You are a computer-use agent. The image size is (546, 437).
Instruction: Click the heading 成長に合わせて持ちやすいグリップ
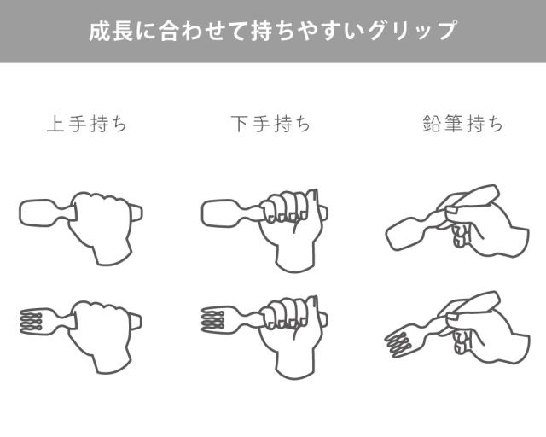(x=273, y=32)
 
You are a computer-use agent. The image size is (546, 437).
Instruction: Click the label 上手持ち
(x=86, y=124)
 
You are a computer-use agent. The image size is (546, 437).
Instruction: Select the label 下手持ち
(x=270, y=124)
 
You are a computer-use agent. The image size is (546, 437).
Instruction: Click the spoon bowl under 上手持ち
(x=37, y=212)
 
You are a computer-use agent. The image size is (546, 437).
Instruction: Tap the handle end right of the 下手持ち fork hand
(x=323, y=320)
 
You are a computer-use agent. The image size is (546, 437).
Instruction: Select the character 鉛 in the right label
(x=433, y=124)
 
